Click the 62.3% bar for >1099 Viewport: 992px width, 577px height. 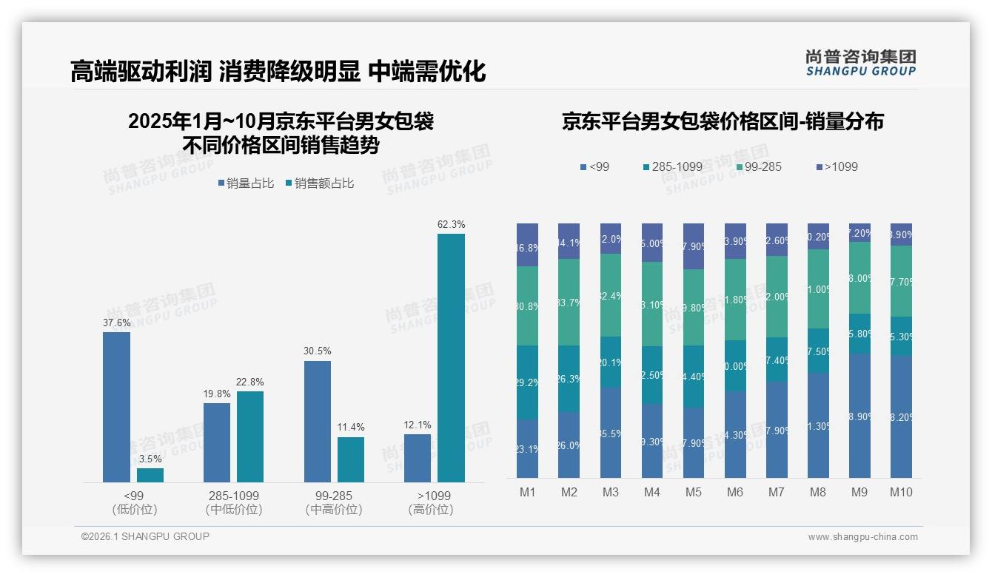[x=451, y=358]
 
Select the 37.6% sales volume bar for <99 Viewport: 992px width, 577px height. [x=116, y=407]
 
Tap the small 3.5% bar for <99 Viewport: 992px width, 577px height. [x=150, y=475]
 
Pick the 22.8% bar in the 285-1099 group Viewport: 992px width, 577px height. [x=250, y=436]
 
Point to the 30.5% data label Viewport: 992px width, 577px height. [x=317, y=351]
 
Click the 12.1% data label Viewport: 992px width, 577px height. [x=418, y=425]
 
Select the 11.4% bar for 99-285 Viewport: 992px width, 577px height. [x=351, y=459]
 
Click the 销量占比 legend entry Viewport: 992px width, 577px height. [x=249, y=183]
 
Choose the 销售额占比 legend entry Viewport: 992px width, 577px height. [x=319, y=183]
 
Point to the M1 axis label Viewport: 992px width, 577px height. [x=527, y=493]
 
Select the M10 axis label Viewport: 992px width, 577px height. [x=901, y=493]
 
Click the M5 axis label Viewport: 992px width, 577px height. [x=693, y=493]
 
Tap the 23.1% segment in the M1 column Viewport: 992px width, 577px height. [x=527, y=448]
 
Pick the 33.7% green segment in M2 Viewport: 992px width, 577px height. [x=569, y=302]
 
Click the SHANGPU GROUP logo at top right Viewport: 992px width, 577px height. [x=860, y=63]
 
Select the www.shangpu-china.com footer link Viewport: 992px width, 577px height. [x=862, y=537]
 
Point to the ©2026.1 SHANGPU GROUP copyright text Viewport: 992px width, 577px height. [x=145, y=536]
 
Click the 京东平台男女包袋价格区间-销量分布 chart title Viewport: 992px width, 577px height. [x=723, y=122]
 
